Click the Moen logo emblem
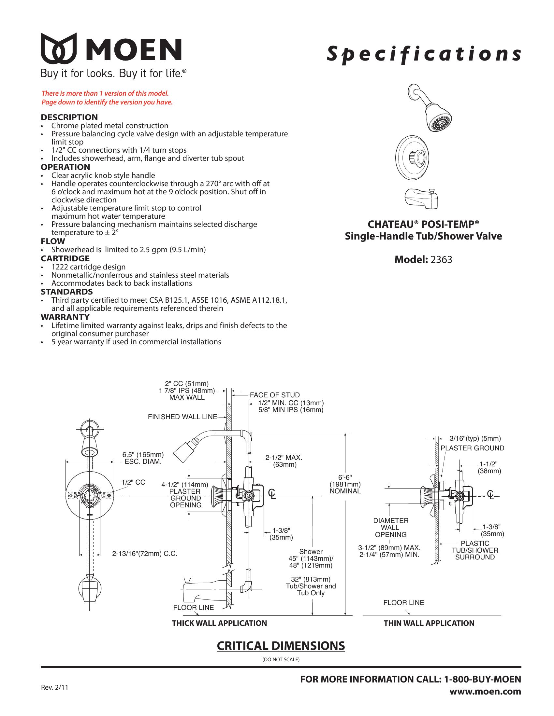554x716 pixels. (59, 48)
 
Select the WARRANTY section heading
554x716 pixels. (65, 317)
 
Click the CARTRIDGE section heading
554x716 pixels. (65, 258)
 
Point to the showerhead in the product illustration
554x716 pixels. (431, 108)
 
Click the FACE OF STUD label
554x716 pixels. (275, 395)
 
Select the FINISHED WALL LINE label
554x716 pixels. (182, 417)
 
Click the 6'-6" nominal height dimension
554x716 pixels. (345, 484)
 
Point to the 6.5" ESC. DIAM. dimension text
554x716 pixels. (143, 458)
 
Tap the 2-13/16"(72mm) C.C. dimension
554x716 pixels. (144, 554)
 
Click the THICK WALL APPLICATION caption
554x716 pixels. (220, 623)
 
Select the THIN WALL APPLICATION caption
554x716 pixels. (429, 623)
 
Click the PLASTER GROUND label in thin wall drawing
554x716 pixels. (472, 448)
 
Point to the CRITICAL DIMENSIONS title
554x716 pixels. (281, 646)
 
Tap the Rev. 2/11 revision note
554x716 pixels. (54, 687)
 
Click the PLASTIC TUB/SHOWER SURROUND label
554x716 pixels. (475, 550)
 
